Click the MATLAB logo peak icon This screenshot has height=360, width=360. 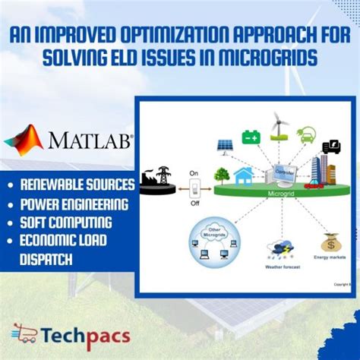(x=24, y=141)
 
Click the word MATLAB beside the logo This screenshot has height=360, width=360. (x=89, y=142)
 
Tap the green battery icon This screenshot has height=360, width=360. (x=251, y=137)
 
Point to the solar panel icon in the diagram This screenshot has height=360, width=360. (x=225, y=145)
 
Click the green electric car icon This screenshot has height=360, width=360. (x=306, y=134)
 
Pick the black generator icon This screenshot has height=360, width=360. (x=331, y=147)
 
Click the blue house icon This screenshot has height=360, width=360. (x=243, y=176)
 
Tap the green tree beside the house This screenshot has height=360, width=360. (x=222, y=175)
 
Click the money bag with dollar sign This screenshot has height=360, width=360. (x=330, y=243)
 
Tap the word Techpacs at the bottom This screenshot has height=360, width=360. (x=85, y=336)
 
